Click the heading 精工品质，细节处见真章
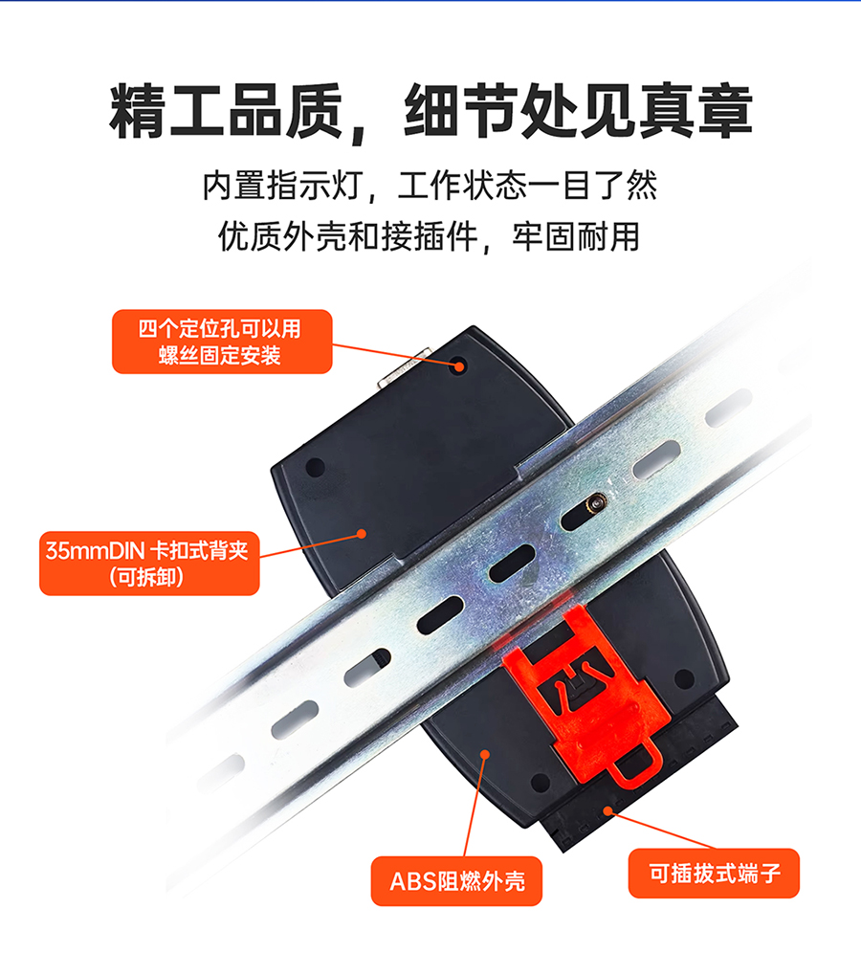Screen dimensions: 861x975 pyautogui.click(x=430, y=111)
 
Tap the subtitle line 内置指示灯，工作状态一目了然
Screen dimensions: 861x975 pyautogui.click(x=430, y=185)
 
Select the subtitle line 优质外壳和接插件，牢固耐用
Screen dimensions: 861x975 pyautogui.click(x=429, y=236)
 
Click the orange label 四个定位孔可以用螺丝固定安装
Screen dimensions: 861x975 pyautogui.click(x=222, y=342)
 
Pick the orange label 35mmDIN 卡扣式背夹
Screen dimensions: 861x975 pyautogui.click(x=149, y=563)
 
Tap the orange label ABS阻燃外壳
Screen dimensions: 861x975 pyautogui.click(x=456, y=880)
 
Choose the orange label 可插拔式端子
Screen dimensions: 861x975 pyautogui.click(x=714, y=873)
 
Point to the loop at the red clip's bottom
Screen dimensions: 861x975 pyautogui.click(x=634, y=766)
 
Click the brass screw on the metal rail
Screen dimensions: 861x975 pyautogui.click(x=598, y=500)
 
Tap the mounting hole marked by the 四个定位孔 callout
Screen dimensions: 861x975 pyautogui.click(x=459, y=366)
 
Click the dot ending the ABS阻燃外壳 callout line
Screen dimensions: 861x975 pyautogui.click(x=485, y=754)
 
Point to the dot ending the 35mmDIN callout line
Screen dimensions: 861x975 pyautogui.click(x=362, y=534)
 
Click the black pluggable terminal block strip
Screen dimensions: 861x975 pyautogui.click(x=640, y=784)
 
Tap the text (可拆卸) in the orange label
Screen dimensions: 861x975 pyautogui.click(x=146, y=578)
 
